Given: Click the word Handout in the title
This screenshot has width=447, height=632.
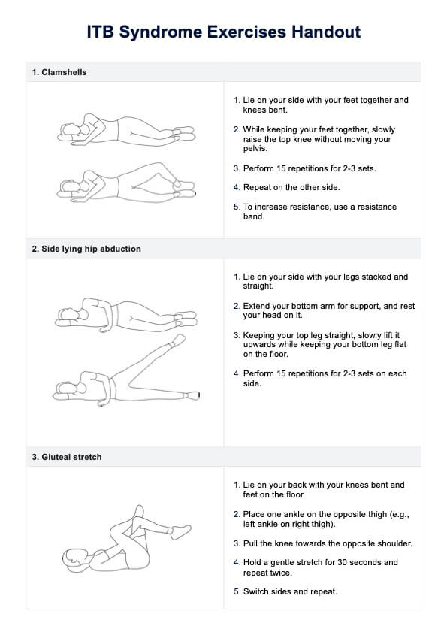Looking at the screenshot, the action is [x=326, y=32].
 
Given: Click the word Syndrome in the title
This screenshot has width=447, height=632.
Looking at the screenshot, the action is [x=161, y=32].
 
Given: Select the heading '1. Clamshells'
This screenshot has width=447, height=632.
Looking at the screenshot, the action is [x=59, y=73].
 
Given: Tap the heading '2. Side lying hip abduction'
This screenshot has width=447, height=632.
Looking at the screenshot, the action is [x=86, y=249].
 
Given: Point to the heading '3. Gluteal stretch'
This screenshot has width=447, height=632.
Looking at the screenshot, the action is [x=67, y=457].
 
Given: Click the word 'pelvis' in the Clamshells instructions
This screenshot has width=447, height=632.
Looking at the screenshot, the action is [x=255, y=149].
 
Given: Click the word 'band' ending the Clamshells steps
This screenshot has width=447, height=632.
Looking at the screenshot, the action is [x=252, y=217].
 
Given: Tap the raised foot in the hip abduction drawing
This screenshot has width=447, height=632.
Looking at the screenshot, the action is [x=177, y=340].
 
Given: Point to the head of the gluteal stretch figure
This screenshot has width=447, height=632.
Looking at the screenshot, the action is [x=74, y=559].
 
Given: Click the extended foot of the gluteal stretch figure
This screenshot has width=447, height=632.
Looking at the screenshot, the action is [x=180, y=531].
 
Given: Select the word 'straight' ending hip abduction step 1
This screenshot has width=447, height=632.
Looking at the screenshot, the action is [x=257, y=286].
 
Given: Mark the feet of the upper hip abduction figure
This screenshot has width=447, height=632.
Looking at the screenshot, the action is [x=186, y=319].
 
